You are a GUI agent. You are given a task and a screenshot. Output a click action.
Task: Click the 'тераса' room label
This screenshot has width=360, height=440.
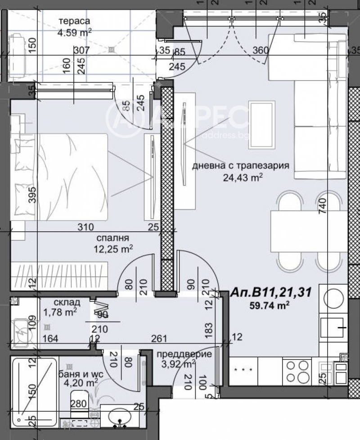click(x=75, y=21)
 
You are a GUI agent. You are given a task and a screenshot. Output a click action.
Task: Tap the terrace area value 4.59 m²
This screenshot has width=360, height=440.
click(x=75, y=31)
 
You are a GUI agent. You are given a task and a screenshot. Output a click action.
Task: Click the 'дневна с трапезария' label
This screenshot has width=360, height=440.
click(x=240, y=165)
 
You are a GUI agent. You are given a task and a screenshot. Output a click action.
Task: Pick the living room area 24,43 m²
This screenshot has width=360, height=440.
click(x=243, y=177)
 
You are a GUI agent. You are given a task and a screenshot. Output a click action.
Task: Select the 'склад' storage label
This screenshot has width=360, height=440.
click(x=67, y=302)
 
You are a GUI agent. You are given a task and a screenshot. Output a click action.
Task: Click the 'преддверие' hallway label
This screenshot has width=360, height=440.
click(x=184, y=354)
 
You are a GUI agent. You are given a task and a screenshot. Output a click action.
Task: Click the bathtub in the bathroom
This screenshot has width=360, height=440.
click(x=34, y=391)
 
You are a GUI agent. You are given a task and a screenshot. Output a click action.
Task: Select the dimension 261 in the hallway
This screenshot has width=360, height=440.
click(x=163, y=338)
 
